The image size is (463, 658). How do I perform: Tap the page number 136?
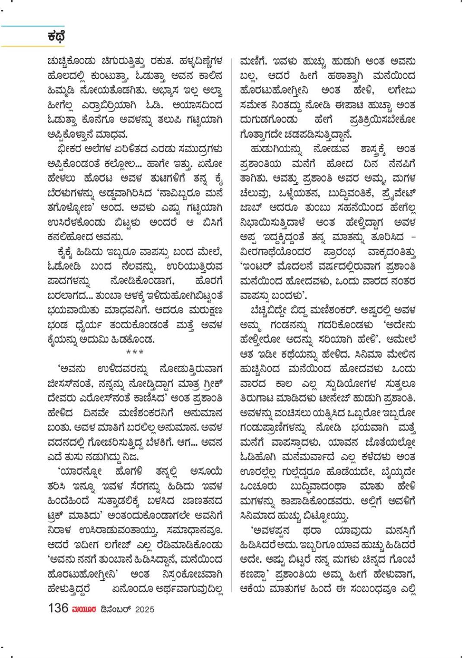(x=58, y=608)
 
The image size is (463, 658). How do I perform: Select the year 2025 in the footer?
(x=144, y=609)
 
